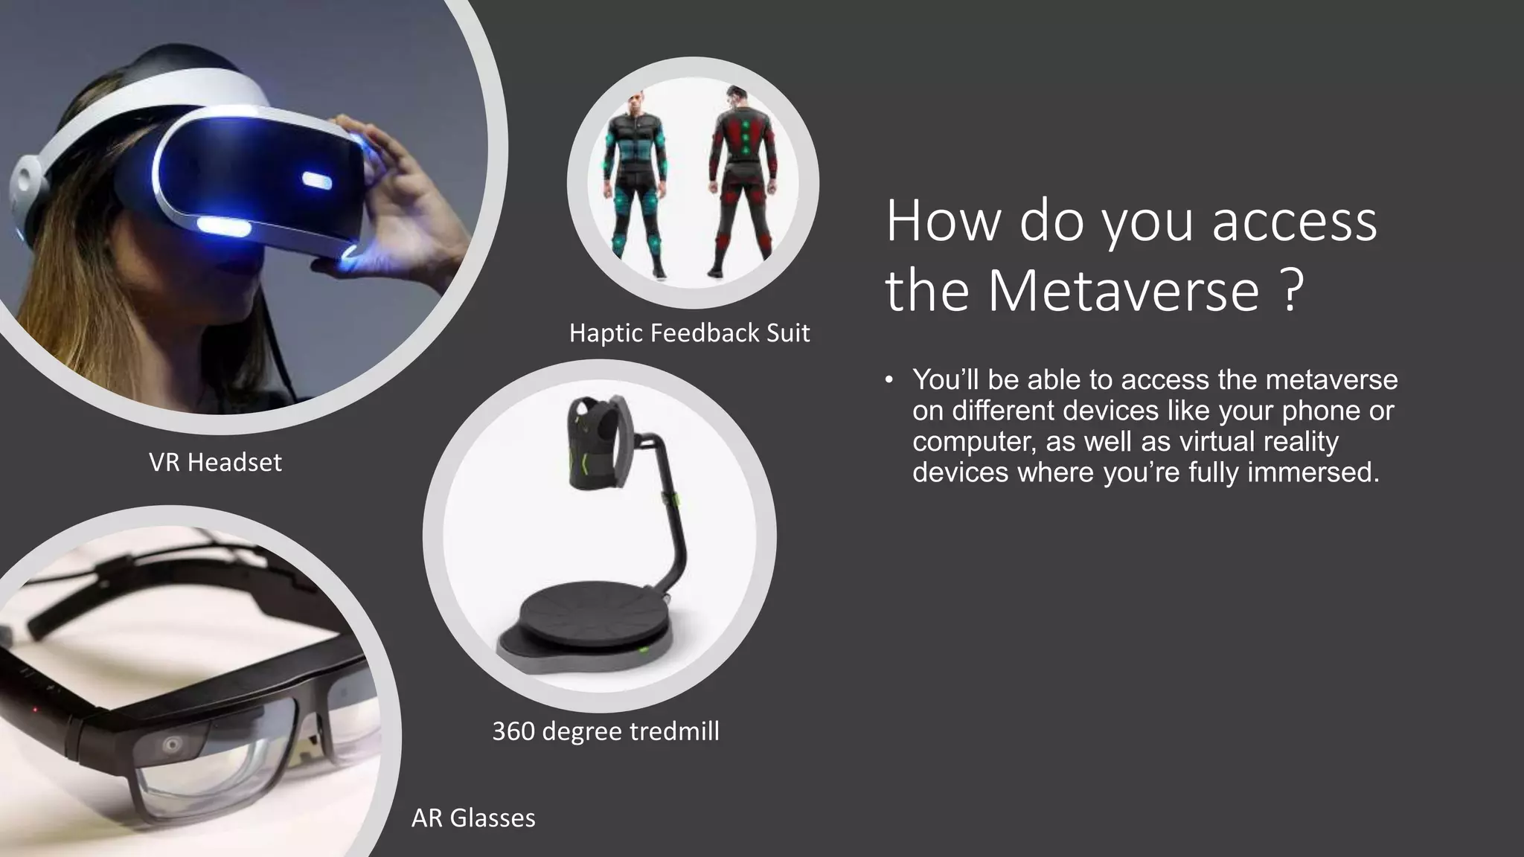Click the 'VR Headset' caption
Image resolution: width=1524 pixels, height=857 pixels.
click(x=215, y=463)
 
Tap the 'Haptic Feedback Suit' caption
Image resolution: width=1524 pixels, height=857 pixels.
click(x=689, y=333)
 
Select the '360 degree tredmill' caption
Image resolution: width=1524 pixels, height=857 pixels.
click(x=605, y=731)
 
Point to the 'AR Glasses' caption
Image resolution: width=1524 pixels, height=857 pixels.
click(x=473, y=818)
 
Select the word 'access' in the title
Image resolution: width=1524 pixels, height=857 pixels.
click(x=1294, y=222)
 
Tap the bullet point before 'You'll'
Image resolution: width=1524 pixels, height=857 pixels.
click(x=889, y=380)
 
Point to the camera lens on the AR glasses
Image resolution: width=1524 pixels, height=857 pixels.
click(x=173, y=743)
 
